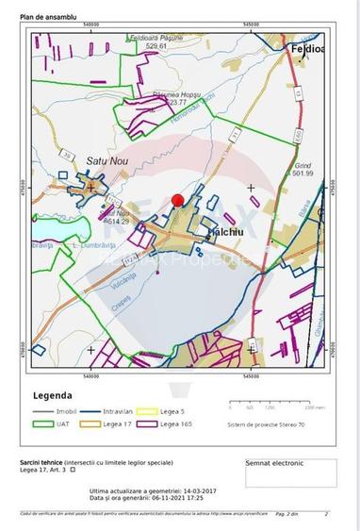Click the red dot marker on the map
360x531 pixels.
[176, 200]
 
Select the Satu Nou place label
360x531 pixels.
[106, 161]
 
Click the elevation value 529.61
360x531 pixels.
[150, 46]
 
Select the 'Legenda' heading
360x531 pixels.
[54, 395]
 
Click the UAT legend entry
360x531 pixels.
[64, 424]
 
